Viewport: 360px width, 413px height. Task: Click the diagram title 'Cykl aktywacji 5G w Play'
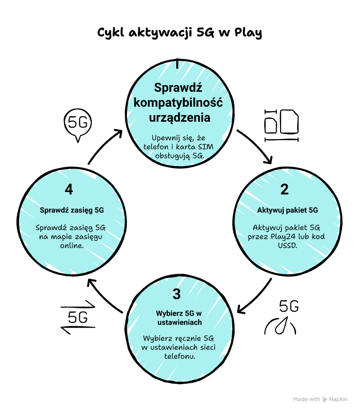coord(179,33)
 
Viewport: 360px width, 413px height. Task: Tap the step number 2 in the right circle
coord(284,190)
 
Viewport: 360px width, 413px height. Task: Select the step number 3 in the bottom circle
coord(176,294)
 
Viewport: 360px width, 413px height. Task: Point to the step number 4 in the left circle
coord(69,190)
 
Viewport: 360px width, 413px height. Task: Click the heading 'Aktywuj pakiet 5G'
coord(288,210)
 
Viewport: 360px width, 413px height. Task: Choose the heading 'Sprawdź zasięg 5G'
coord(72,210)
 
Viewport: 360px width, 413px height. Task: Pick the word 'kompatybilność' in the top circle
coord(178,103)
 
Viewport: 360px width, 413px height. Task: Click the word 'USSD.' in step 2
coord(287,245)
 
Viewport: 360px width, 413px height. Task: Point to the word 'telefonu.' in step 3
coord(179,356)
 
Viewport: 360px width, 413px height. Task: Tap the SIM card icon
coord(282,123)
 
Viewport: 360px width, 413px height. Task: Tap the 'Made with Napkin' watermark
coord(327,399)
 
